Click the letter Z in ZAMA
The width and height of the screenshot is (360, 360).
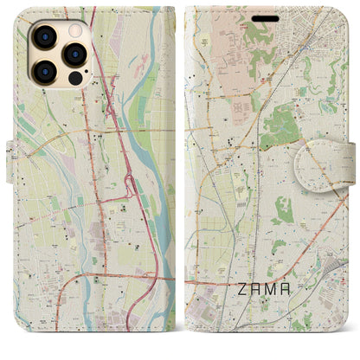point(243,317)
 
